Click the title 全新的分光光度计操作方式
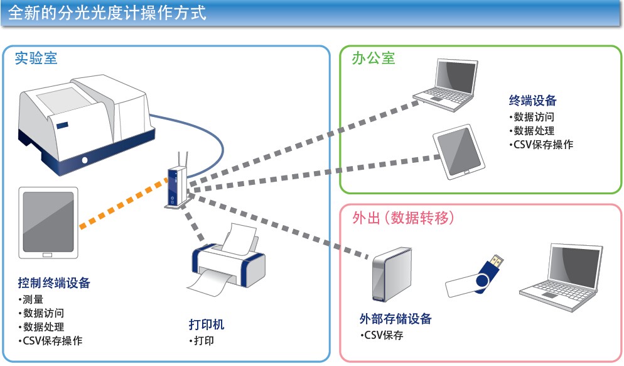(107, 13)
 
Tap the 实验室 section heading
(36, 58)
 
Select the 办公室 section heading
(374, 58)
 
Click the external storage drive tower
(392, 274)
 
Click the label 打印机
(207, 324)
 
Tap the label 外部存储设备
(395, 319)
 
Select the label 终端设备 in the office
(532, 101)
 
